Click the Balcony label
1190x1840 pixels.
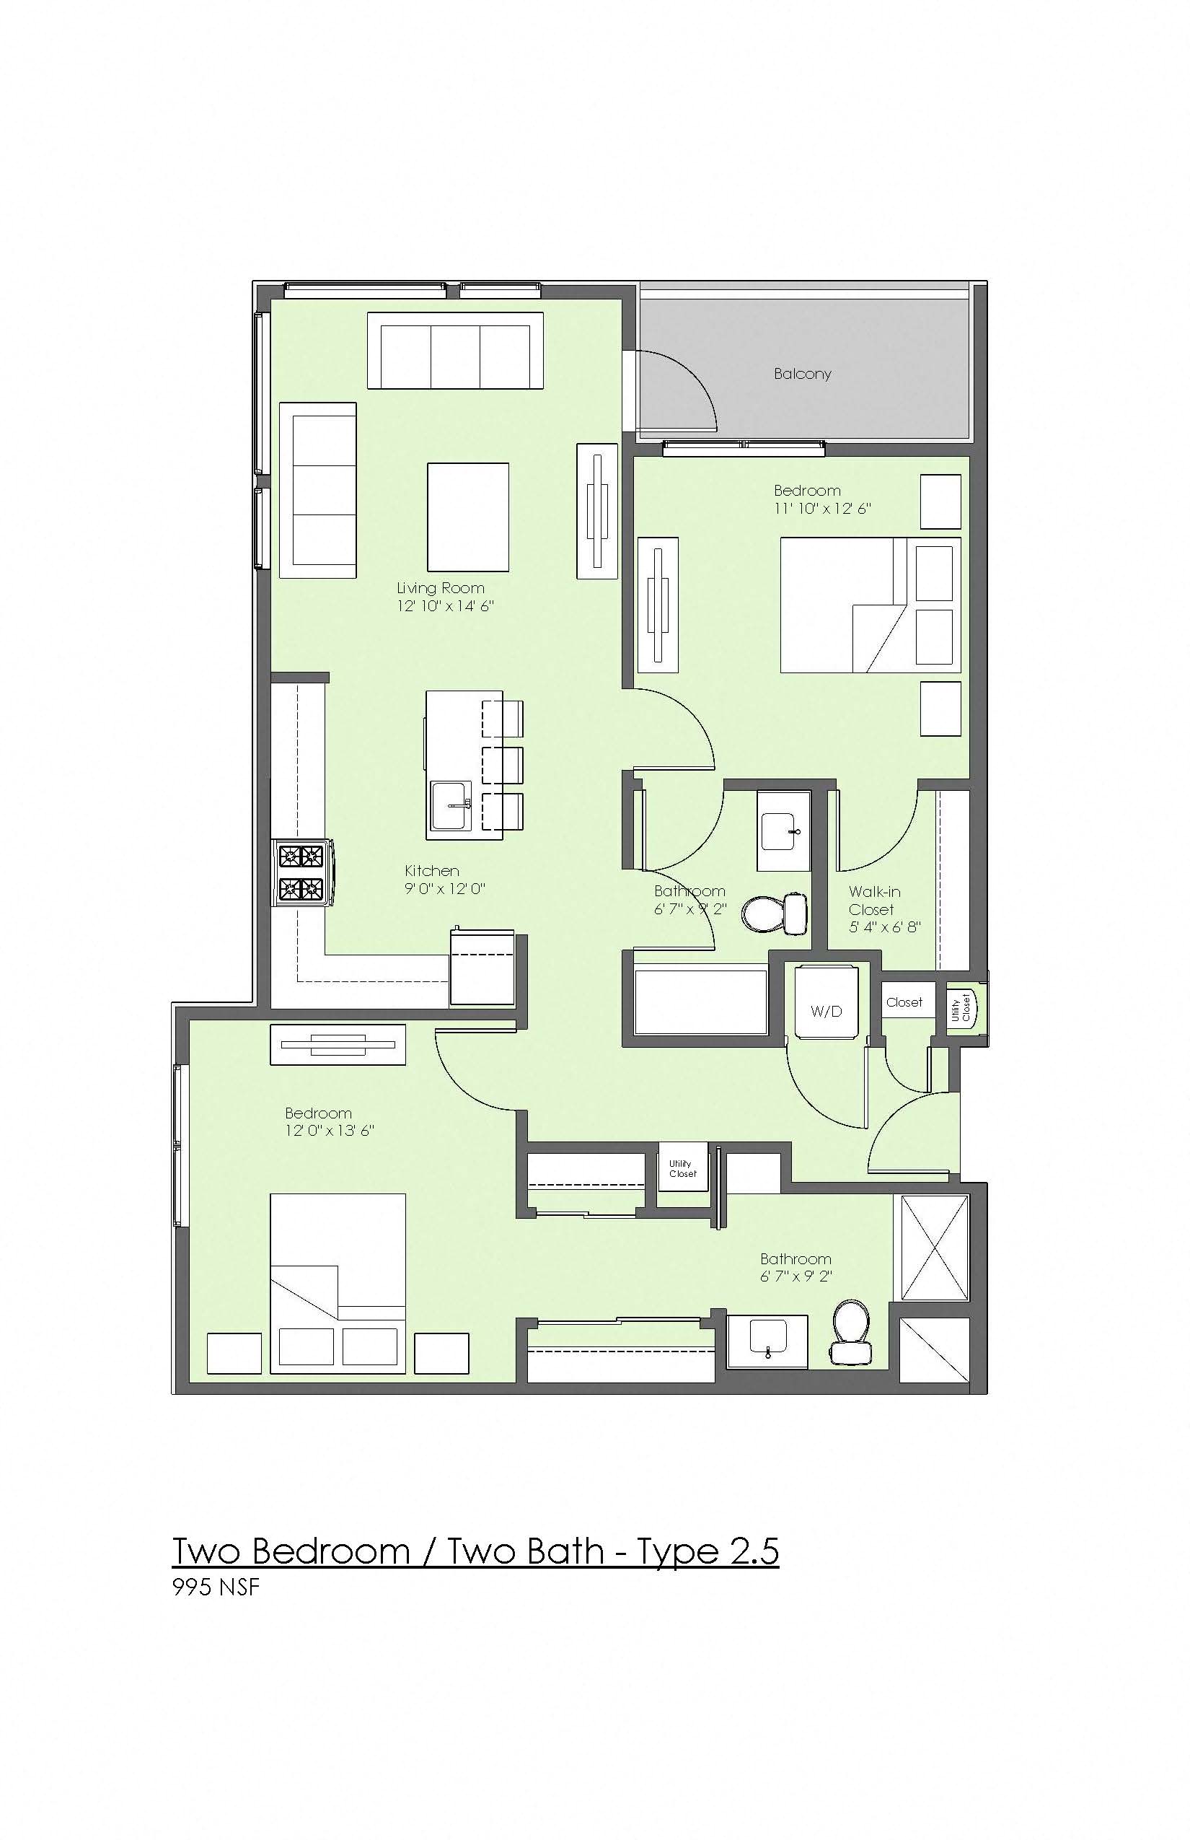coord(802,374)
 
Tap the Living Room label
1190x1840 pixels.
coord(441,588)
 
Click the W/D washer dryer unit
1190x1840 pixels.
coord(826,1003)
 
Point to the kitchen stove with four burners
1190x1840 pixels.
coord(302,872)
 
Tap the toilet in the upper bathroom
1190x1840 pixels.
coord(775,913)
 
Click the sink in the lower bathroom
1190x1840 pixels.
coord(767,1341)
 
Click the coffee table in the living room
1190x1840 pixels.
coord(468,517)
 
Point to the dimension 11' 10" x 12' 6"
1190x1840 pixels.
coord(823,508)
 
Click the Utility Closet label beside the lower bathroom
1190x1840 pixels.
coord(682,1168)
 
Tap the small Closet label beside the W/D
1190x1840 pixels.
coord(904,1002)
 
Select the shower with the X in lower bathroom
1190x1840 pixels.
coord(935,1248)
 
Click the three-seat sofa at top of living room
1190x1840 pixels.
coord(455,350)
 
